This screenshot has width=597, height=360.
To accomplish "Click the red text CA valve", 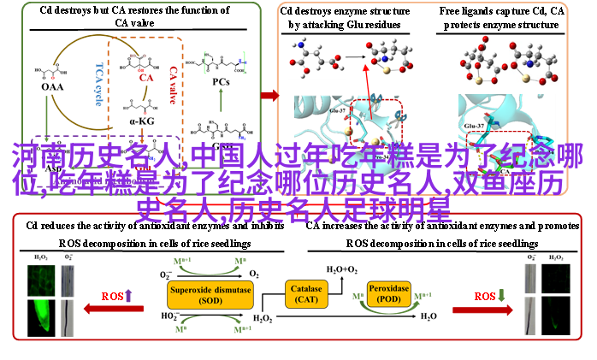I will [174, 84].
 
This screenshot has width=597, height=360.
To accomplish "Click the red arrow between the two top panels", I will [269, 95].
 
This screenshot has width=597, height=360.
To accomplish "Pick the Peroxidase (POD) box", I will [388, 294].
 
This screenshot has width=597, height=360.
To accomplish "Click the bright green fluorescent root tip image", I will [41, 307].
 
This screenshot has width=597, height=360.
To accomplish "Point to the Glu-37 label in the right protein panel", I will [475, 126].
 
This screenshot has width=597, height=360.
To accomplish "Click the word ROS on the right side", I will [486, 296].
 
